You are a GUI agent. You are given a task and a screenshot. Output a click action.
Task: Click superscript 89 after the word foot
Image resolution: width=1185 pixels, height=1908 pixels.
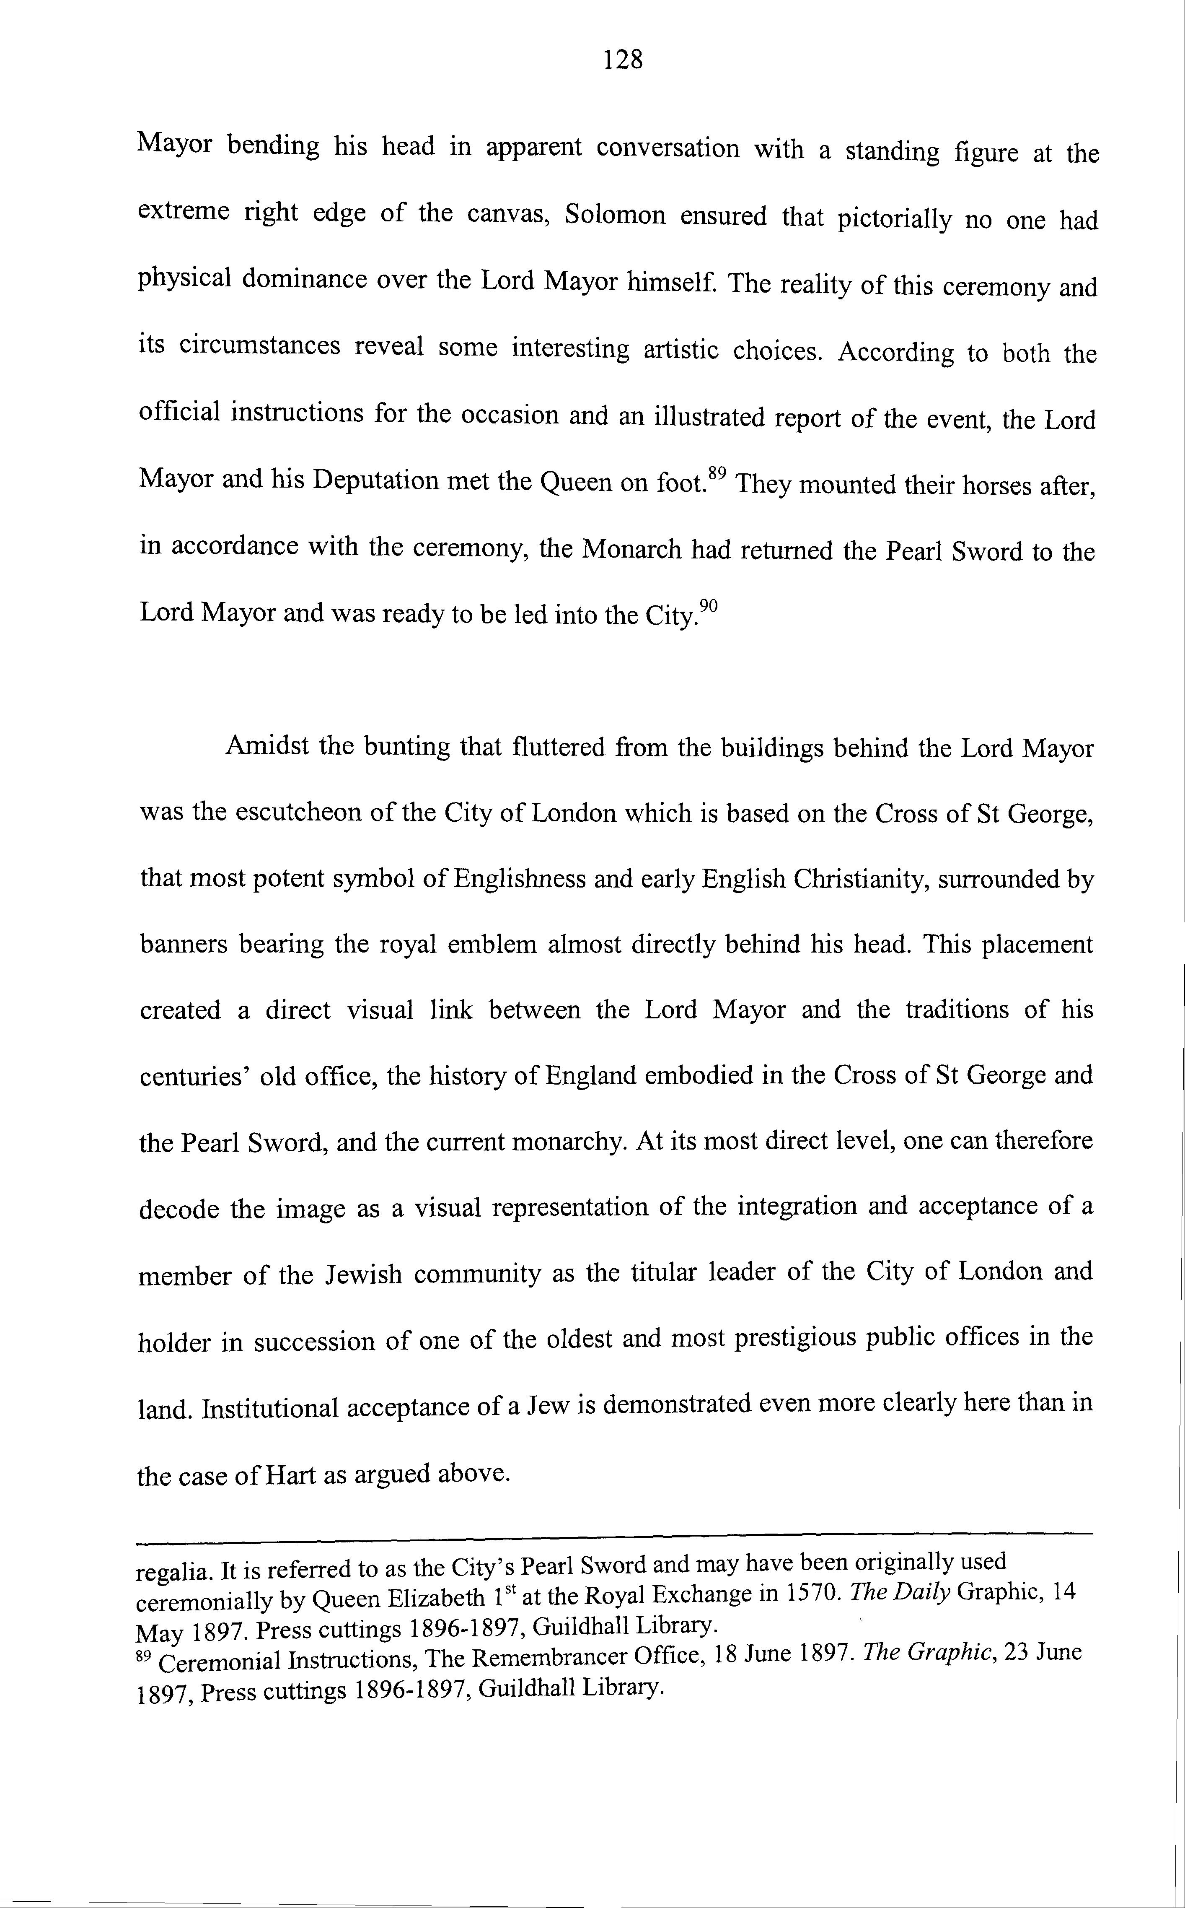pyautogui.click(x=717, y=473)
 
